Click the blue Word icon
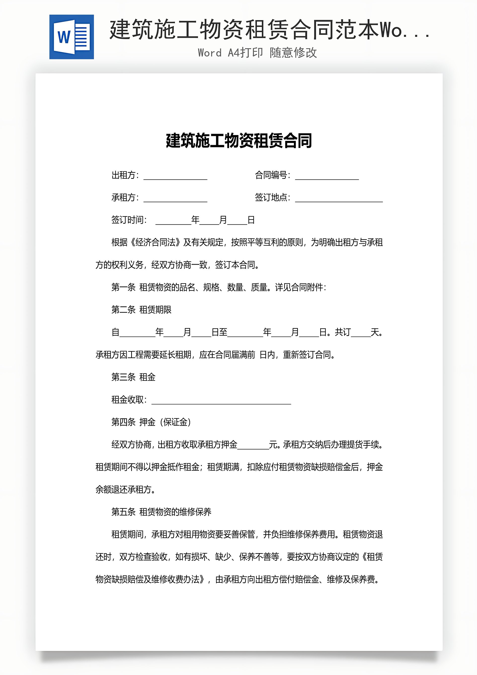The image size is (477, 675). pos(72,37)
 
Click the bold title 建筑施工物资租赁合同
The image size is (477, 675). pos(238,141)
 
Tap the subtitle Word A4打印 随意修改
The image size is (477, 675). pos(257,53)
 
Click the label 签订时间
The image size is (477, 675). pos(129,220)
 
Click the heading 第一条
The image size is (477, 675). pos(123,287)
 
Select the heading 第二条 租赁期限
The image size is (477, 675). pos(141,310)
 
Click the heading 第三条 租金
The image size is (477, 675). pos(133,377)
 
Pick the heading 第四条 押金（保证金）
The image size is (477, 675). pos(151,422)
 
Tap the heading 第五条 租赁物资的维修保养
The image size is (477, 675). pos(161,512)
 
